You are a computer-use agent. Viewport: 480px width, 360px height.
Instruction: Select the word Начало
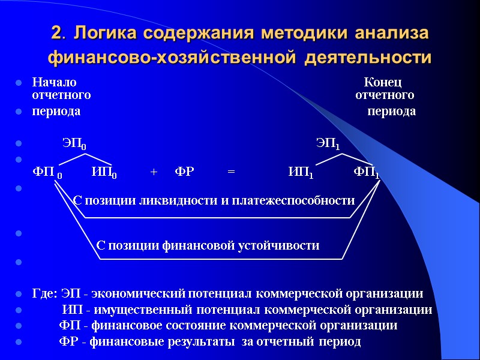point(54,82)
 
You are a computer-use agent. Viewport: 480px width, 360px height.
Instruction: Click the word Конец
point(383,82)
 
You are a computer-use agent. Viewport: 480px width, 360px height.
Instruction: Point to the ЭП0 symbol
point(74,145)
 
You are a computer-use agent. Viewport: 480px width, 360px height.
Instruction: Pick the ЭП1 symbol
point(328,145)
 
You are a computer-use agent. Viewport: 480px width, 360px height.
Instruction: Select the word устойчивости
point(284,245)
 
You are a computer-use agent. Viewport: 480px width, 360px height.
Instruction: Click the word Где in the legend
point(44,294)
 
